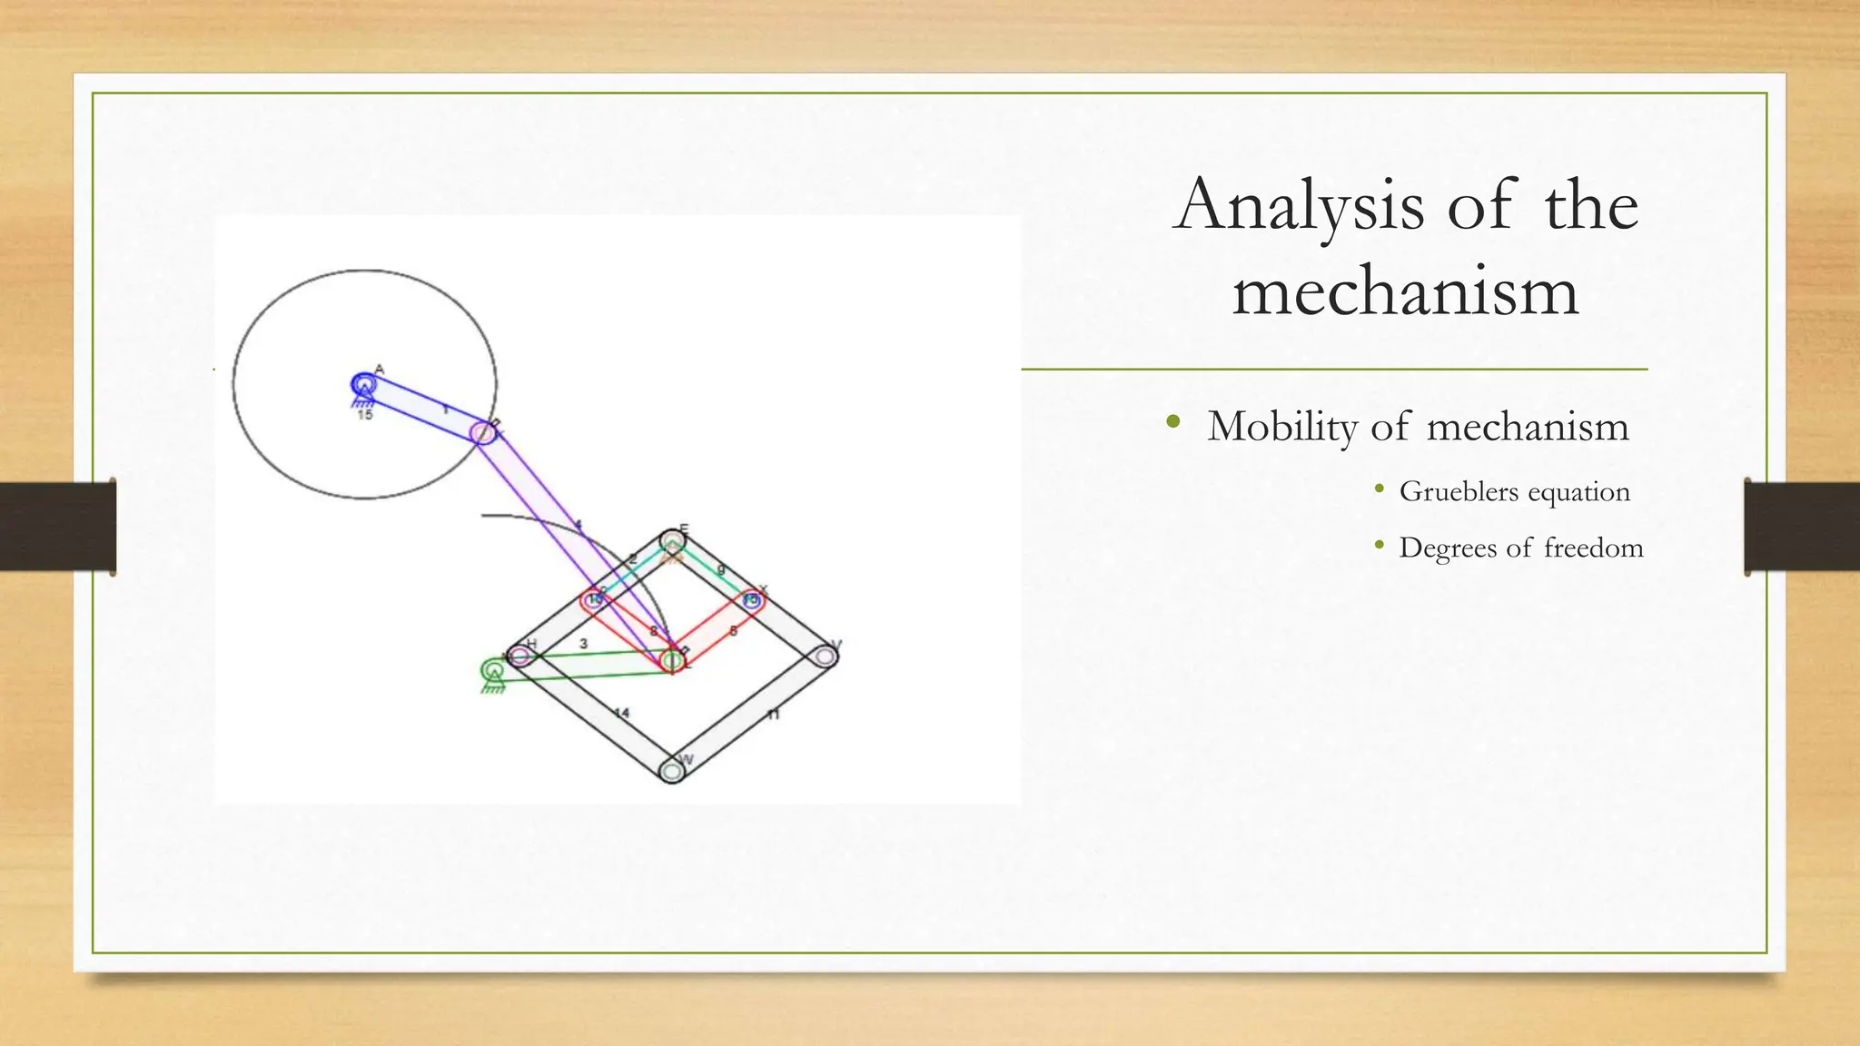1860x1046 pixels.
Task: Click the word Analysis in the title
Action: tap(1299, 206)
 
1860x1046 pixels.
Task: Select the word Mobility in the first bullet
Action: tap(1281, 427)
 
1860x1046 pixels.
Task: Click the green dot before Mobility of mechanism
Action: tap(1173, 421)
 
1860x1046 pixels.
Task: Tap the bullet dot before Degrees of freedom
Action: tap(1380, 545)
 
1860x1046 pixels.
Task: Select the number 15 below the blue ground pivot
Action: tap(364, 415)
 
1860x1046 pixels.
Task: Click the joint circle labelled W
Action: tap(671, 771)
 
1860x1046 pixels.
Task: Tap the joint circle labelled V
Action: tap(825, 656)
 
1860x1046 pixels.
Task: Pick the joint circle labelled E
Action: tap(672, 542)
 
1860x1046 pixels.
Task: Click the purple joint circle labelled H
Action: tap(520, 656)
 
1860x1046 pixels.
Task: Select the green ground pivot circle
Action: tap(492, 671)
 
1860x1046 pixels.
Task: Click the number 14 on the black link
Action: tap(621, 713)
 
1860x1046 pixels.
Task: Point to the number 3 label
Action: tap(583, 644)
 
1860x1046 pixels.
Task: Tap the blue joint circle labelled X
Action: tap(751, 600)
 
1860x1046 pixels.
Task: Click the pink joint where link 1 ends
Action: tap(485, 433)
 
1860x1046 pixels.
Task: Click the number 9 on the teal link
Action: tap(721, 569)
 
